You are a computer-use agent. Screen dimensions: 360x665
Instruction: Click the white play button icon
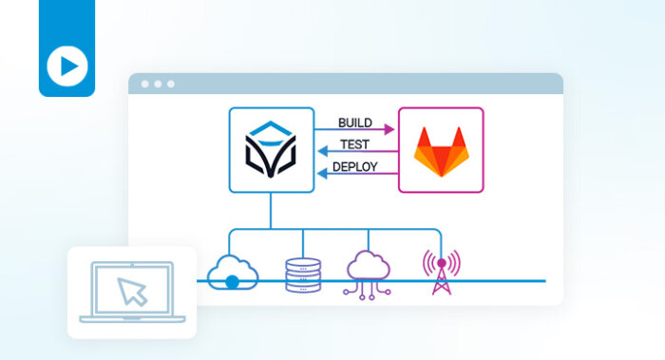(x=67, y=66)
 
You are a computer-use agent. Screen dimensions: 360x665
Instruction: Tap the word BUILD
(x=354, y=123)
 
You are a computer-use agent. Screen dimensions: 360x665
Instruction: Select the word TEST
(x=354, y=144)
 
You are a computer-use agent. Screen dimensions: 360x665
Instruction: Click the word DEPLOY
(x=354, y=167)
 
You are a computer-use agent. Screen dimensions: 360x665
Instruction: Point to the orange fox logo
(x=440, y=150)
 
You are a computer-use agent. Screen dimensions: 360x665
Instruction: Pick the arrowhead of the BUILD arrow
(x=389, y=128)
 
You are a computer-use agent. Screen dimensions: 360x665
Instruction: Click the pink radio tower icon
(x=440, y=272)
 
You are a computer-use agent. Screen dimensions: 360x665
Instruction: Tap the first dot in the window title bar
(x=145, y=84)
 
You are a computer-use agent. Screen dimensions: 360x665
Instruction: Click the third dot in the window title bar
(x=171, y=84)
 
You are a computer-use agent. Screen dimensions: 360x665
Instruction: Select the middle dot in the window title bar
(x=158, y=84)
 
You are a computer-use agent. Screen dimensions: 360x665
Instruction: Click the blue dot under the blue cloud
(x=233, y=281)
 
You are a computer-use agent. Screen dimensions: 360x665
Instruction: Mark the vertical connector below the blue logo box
(x=270, y=210)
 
